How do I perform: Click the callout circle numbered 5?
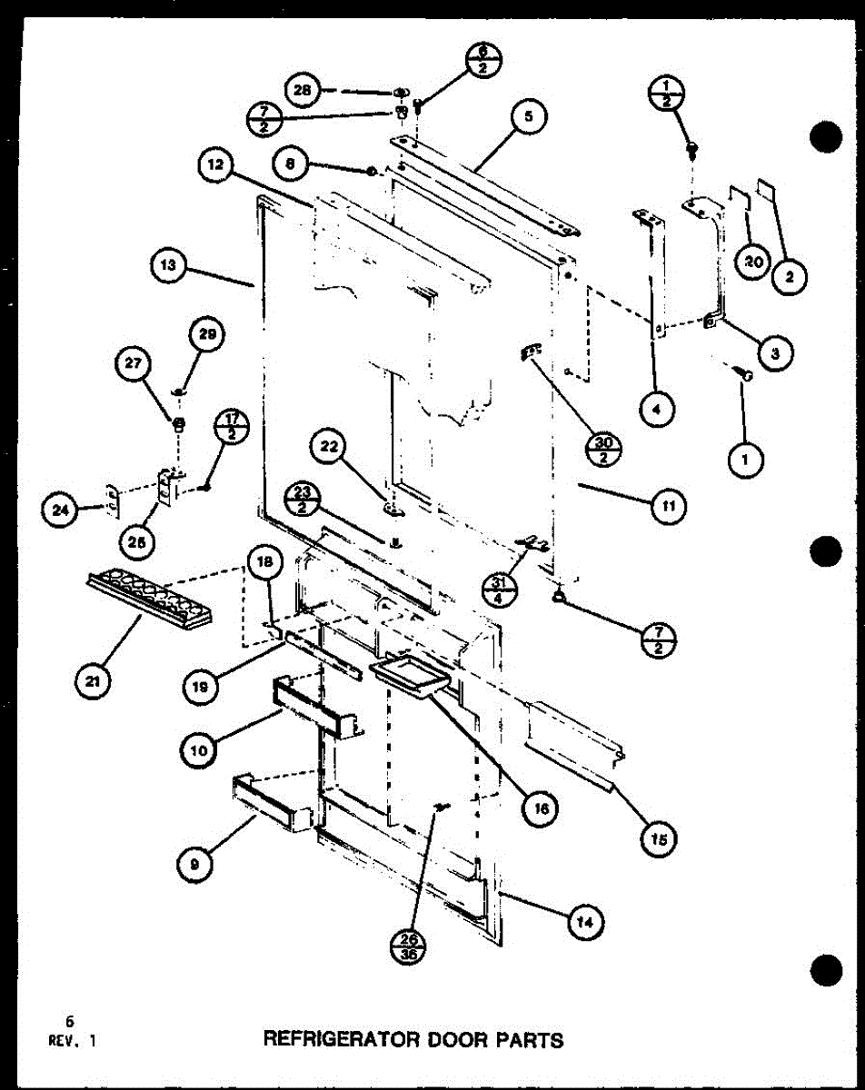(x=529, y=116)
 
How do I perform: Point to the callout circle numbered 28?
(x=303, y=89)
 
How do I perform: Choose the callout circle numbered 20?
(x=751, y=262)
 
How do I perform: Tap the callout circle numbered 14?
(x=585, y=922)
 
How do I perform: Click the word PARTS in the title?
(x=530, y=1038)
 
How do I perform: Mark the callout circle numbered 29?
(x=208, y=335)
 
